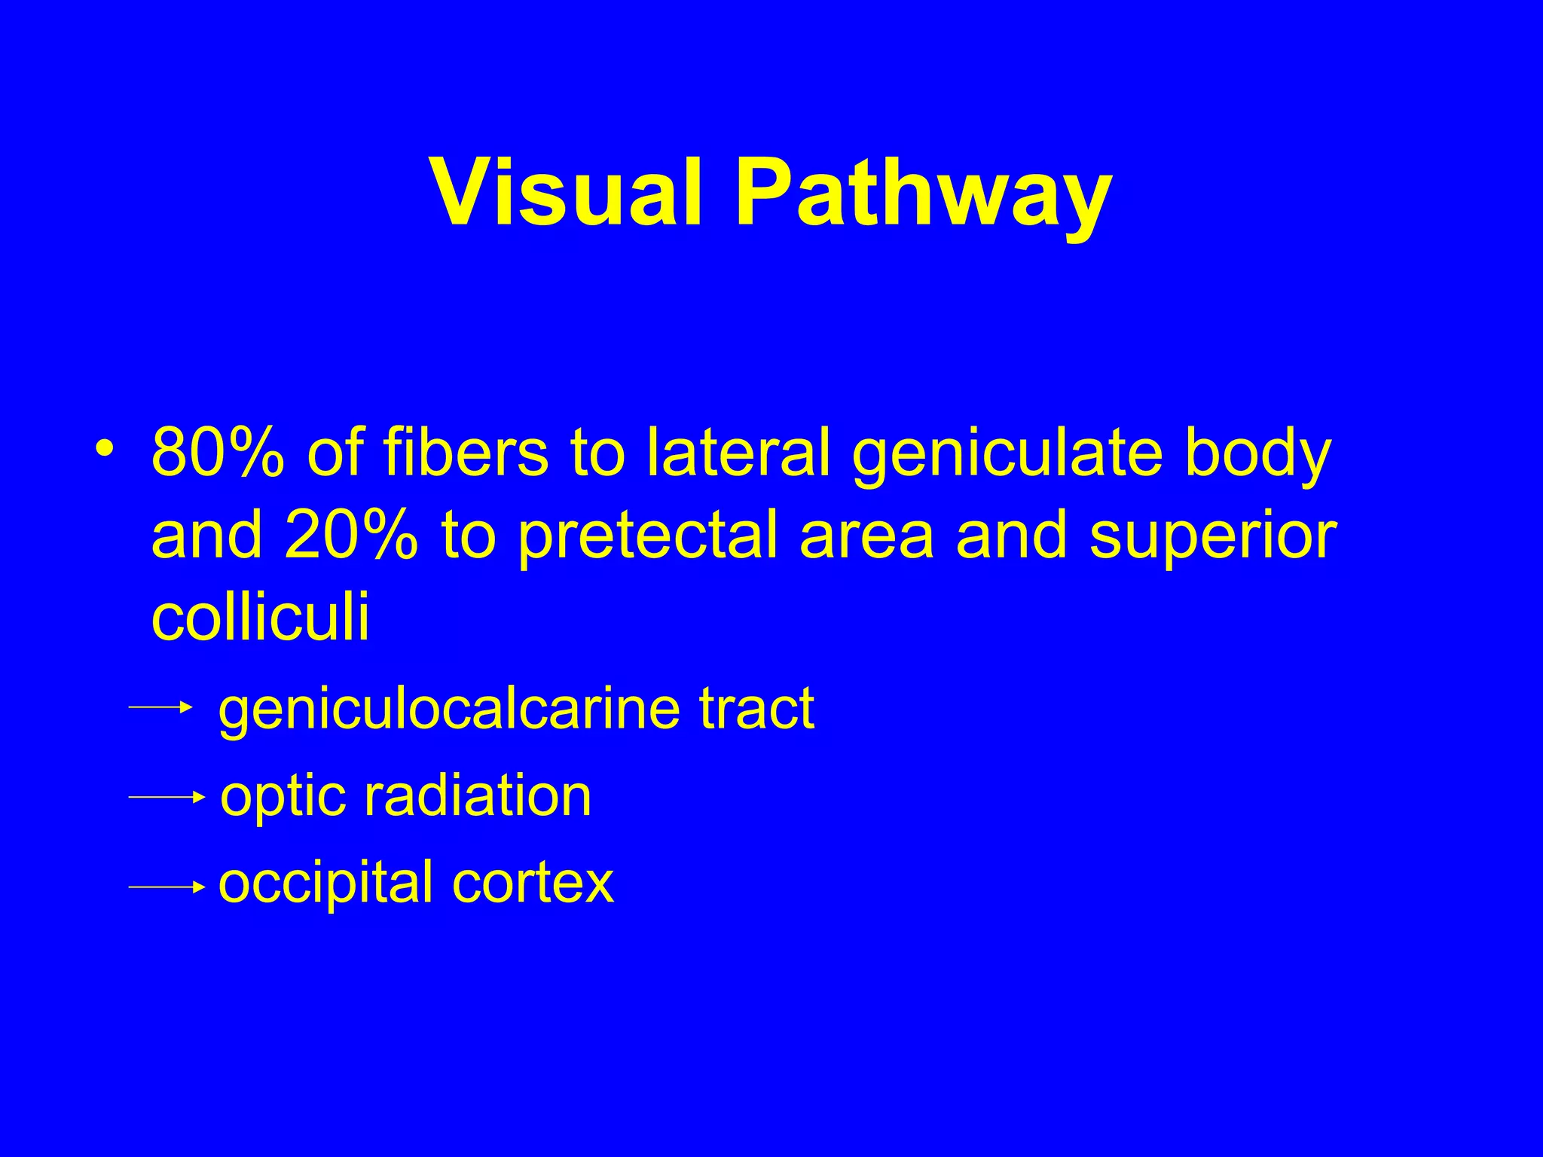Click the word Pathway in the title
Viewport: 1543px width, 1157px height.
pos(923,194)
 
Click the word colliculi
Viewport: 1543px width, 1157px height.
pos(261,615)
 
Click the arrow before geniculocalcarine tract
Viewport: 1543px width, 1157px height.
pos(161,707)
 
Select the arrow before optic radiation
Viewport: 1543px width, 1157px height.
pos(167,797)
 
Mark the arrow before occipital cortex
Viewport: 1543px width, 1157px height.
pos(167,887)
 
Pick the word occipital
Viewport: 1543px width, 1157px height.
pos(325,884)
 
